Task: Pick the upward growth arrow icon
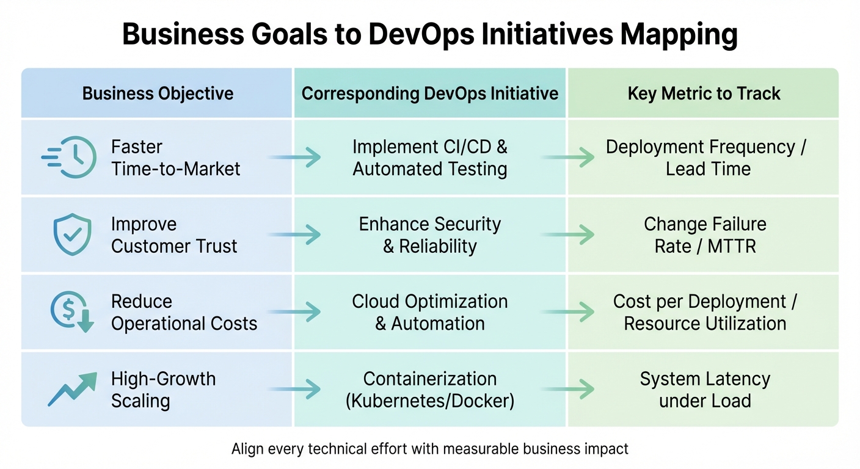click(x=73, y=389)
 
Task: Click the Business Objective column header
click(x=158, y=93)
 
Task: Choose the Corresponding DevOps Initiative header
click(x=430, y=93)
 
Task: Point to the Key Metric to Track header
click(x=704, y=93)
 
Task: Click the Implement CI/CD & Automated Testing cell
click(x=430, y=158)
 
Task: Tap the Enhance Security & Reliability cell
click(x=430, y=235)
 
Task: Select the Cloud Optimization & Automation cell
click(x=430, y=312)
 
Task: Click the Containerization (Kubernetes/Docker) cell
click(x=430, y=390)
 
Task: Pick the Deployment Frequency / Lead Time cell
click(x=705, y=158)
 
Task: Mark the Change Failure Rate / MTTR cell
click(x=705, y=235)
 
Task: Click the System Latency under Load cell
click(x=705, y=390)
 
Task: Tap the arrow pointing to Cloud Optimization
click(x=295, y=312)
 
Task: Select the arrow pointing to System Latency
click(x=569, y=388)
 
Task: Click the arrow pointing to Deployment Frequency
click(x=569, y=158)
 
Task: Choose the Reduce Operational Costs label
click(x=184, y=312)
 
